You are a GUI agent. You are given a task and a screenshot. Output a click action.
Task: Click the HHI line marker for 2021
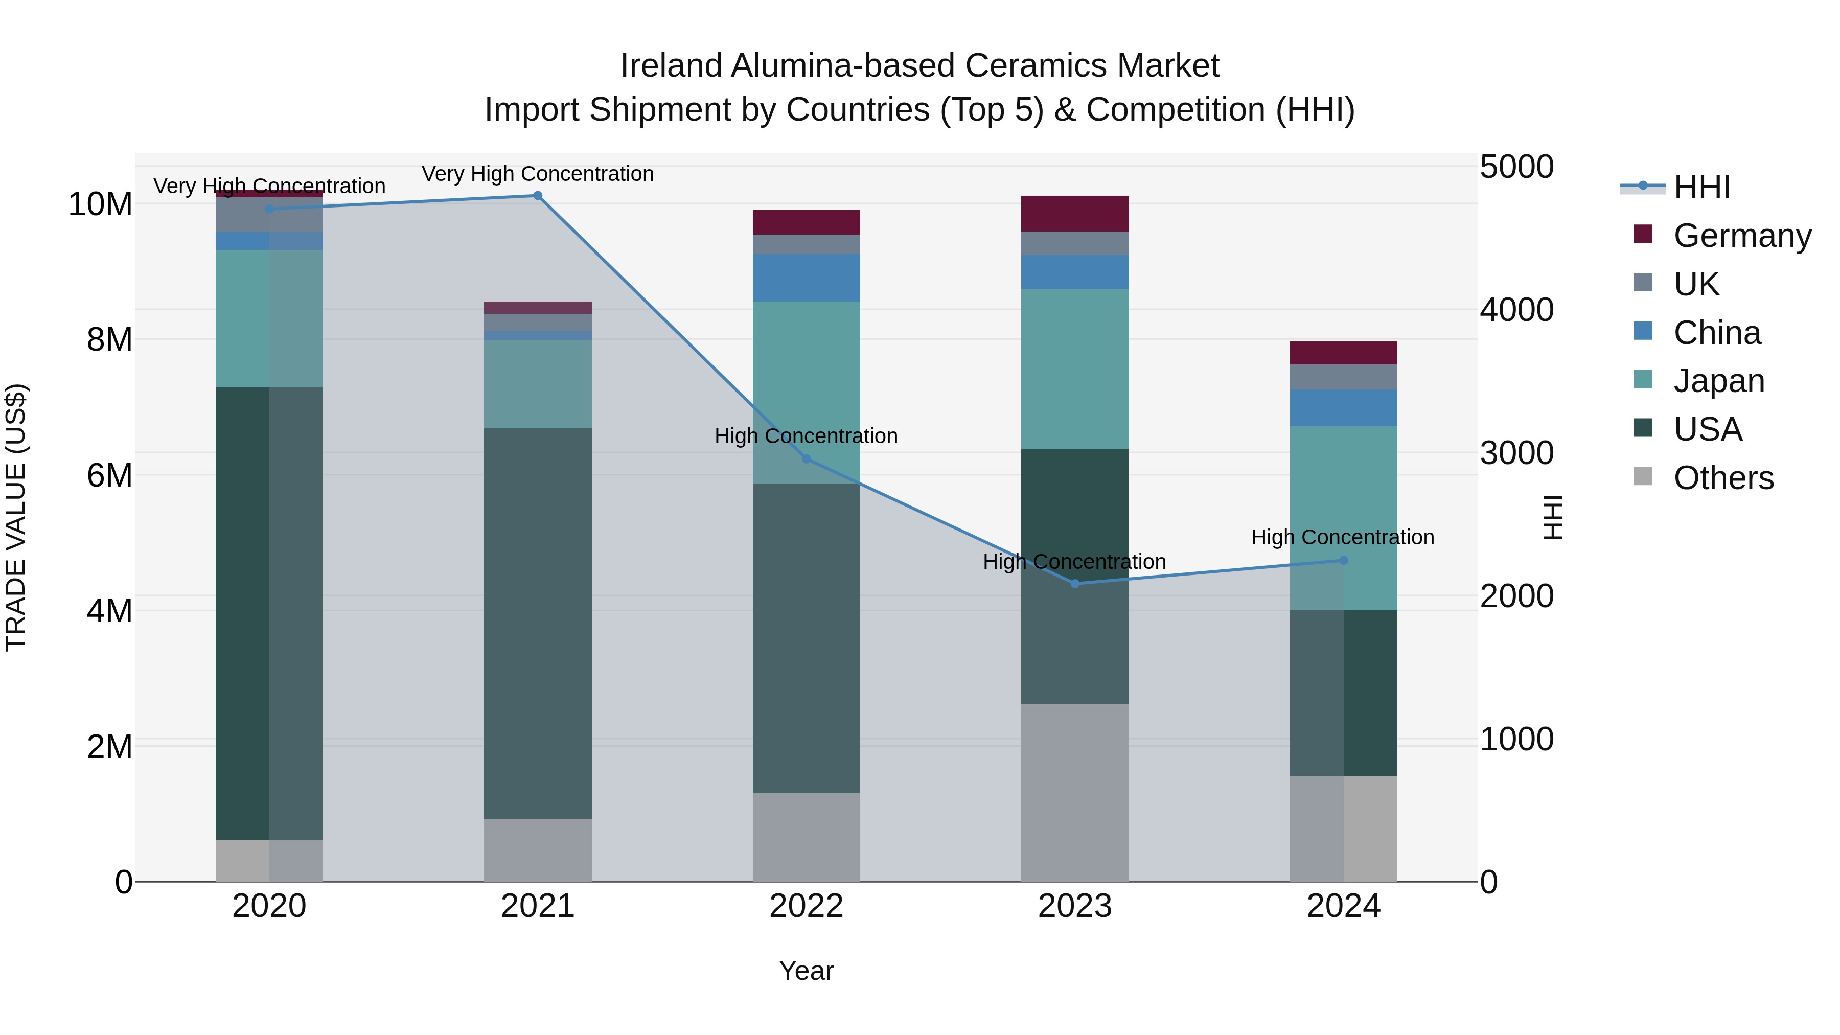(x=538, y=196)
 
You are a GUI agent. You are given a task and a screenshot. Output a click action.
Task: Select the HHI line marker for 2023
(x=1075, y=584)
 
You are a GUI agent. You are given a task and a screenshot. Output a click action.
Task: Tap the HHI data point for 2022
(x=807, y=458)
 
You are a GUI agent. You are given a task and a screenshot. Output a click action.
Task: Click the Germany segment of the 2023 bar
(x=1075, y=214)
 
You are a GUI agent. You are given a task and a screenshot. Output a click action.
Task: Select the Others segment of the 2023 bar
(x=1075, y=792)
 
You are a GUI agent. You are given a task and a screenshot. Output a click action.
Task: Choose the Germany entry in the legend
(x=1742, y=236)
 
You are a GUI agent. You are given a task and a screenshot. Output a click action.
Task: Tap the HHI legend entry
(x=1701, y=187)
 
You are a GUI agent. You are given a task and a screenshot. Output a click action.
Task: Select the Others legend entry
(x=1723, y=478)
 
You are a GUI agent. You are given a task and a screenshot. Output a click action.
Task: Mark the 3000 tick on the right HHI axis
(x=1516, y=453)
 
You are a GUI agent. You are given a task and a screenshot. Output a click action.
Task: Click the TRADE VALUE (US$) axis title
(x=16, y=517)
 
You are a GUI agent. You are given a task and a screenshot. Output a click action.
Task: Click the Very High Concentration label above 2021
(x=538, y=174)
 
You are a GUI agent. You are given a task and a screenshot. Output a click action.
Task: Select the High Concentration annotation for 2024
(x=1342, y=537)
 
